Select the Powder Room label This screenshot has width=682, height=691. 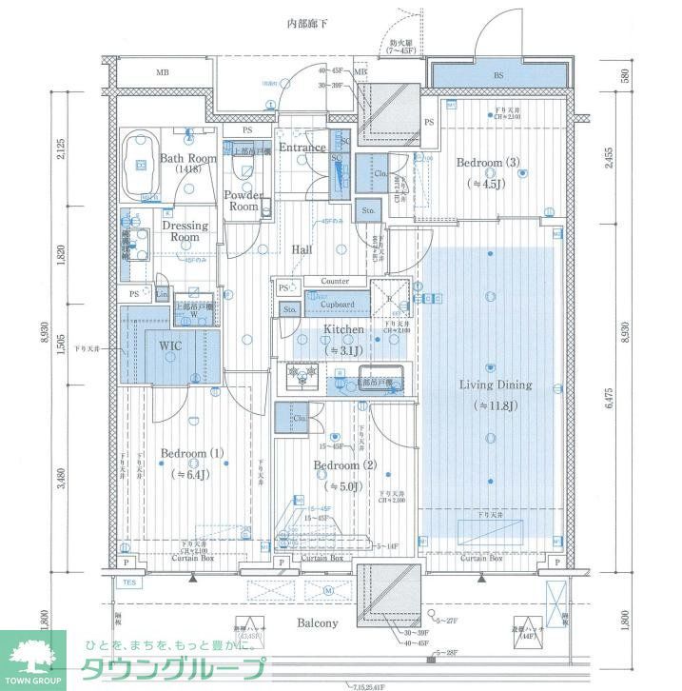click(244, 201)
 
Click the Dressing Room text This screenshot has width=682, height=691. click(185, 231)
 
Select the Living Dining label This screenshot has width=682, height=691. click(496, 385)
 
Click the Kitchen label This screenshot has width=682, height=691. click(343, 329)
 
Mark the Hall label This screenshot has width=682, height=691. click(302, 249)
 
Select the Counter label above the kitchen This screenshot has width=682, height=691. click(334, 282)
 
